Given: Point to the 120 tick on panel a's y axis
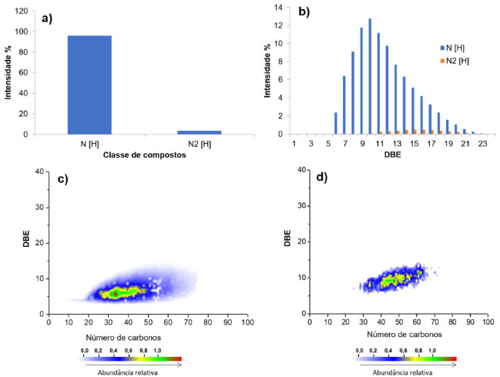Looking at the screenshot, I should point(29,12).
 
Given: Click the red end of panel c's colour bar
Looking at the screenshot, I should point(178,359).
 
